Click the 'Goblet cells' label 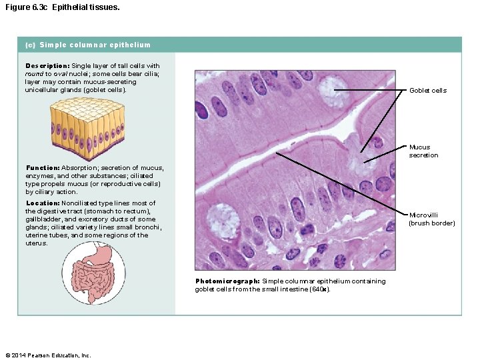point(427,90)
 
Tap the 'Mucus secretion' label point(423,151)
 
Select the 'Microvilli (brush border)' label point(431,219)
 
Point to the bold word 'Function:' point(43,168)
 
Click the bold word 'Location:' point(43,203)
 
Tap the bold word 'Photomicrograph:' point(227,281)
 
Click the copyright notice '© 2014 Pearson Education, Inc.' point(47,355)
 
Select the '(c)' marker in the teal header point(30,45)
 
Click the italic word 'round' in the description point(35,74)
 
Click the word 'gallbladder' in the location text point(43,219)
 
